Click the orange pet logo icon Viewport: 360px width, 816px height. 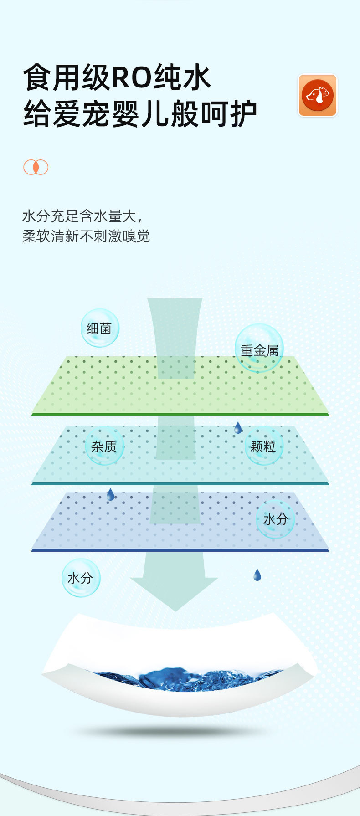click(318, 95)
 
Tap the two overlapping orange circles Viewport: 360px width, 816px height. click(36, 167)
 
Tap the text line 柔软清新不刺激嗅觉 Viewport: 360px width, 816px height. click(86, 236)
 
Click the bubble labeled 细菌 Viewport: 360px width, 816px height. click(99, 328)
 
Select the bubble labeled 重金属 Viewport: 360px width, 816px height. click(259, 349)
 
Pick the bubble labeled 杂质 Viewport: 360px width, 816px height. click(104, 446)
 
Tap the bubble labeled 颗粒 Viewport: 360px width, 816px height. click(263, 446)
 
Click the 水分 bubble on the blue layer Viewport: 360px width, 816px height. click(276, 519)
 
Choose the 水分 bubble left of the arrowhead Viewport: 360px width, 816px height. click(80, 578)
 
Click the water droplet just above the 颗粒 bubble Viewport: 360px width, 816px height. click(238, 428)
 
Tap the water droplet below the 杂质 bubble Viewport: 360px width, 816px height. click(110, 494)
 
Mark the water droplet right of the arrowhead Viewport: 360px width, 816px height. click(257, 575)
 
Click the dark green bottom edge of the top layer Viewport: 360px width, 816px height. click(180, 414)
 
